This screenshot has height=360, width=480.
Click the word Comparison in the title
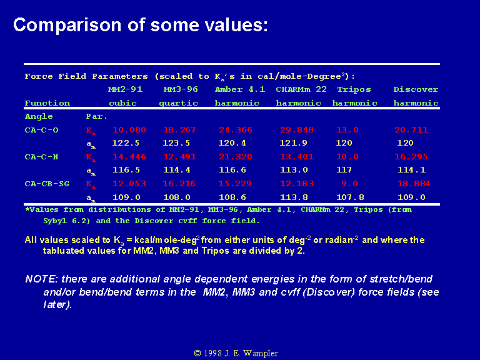[x=67, y=25]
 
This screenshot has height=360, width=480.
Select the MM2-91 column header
[x=125, y=89]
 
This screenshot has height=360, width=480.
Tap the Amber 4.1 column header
[x=240, y=89]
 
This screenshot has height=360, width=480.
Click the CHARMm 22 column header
[x=301, y=89]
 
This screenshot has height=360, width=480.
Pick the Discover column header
[x=416, y=89]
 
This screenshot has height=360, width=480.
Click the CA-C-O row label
[x=42, y=130]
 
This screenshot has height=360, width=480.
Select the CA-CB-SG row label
[x=47, y=184]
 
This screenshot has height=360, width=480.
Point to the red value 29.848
[x=297, y=130]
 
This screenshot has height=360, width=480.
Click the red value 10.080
[x=129, y=130]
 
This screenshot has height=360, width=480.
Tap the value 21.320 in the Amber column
[x=236, y=157]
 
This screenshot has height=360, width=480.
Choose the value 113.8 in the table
[x=294, y=197]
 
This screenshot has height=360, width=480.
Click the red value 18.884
[x=414, y=184]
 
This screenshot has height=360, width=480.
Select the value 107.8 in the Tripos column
[x=350, y=197]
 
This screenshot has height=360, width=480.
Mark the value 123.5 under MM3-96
[x=177, y=143]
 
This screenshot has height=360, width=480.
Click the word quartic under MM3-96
[x=179, y=103]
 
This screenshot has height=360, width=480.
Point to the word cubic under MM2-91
[x=122, y=103]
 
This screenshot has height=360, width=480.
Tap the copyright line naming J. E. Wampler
[x=236, y=353]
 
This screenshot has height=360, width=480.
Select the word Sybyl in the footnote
[x=55, y=221]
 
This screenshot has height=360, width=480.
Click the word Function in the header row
[x=47, y=103]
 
